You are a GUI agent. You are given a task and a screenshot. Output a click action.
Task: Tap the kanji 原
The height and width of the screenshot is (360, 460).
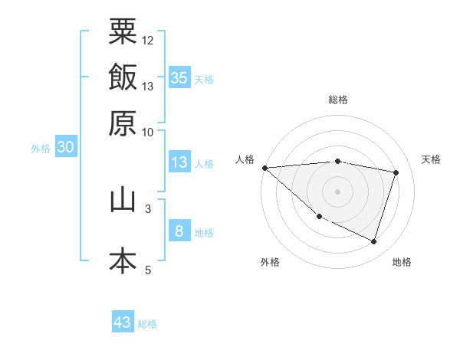click(123, 123)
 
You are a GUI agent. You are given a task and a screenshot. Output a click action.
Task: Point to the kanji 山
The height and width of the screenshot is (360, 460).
click(123, 200)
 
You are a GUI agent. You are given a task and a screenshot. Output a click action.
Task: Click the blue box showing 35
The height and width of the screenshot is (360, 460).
click(179, 77)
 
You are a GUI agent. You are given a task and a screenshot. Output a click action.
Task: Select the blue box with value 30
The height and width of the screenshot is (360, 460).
click(65, 148)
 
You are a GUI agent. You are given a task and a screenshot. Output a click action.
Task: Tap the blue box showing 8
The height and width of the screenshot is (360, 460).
click(178, 231)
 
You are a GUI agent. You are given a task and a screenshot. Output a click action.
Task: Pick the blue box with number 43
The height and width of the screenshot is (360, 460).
click(123, 322)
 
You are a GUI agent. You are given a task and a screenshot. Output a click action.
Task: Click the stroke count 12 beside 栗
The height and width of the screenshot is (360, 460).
click(148, 40)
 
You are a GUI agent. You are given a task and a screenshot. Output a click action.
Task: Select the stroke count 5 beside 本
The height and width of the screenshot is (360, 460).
click(148, 270)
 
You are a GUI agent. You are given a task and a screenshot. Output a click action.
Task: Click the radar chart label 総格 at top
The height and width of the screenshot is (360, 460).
click(338, 100)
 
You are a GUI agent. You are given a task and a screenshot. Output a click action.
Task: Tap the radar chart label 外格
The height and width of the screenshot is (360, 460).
click(270, 262)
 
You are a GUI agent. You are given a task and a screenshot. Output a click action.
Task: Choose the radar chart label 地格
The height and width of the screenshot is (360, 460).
click(402, 262)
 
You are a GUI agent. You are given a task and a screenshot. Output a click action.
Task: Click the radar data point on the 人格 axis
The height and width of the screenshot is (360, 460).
click(264, 167)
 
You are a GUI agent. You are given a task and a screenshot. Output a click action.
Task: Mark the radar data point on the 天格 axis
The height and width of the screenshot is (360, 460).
click(396, 172)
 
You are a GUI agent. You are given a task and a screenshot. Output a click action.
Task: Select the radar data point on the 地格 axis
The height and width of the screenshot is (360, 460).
click(373, 241)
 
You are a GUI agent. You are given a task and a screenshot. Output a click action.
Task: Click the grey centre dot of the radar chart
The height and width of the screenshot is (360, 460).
click(338, 191)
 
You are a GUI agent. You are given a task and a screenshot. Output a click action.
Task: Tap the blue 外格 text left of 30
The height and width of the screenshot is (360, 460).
click(41, 149)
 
